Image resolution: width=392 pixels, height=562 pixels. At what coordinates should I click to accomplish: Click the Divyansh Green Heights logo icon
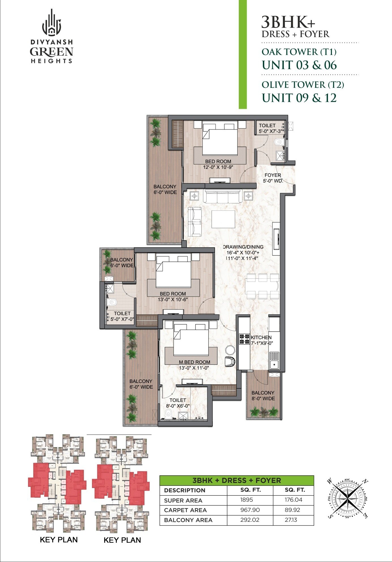(x=52, y=23)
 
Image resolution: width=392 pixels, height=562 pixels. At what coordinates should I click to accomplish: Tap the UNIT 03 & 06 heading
(x=299, y=65)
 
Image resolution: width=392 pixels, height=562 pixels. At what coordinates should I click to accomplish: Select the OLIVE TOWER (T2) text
(x=302, y=85)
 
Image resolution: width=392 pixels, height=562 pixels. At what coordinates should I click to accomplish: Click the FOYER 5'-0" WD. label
(x=273, y=178)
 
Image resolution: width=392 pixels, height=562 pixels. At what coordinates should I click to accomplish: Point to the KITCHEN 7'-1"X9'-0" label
(x=261, y=340)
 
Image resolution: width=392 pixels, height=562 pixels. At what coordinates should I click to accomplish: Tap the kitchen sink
(x=274, y=360)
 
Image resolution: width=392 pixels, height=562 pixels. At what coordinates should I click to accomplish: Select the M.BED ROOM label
(x=194, y=362)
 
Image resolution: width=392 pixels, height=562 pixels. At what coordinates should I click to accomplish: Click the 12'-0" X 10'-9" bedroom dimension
(x=218, y=167)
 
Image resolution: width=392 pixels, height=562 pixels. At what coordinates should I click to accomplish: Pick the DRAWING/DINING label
(x=243, y=247)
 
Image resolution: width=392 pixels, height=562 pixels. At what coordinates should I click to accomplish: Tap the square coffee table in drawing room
(x=223, y=219)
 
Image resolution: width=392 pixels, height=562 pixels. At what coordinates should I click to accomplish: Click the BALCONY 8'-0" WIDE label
(x=263, y=395)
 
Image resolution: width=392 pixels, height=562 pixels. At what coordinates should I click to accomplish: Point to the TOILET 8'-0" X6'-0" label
(x=178, y=403)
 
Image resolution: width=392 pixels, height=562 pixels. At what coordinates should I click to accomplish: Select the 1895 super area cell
(x=246, y=500)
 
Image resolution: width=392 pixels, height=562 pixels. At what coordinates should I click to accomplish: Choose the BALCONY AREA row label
(x=188, y=520)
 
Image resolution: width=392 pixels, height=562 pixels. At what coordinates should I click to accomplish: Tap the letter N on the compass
(x=365, y=481)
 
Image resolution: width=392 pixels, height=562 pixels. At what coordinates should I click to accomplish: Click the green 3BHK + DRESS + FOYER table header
(x=237, y=480)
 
